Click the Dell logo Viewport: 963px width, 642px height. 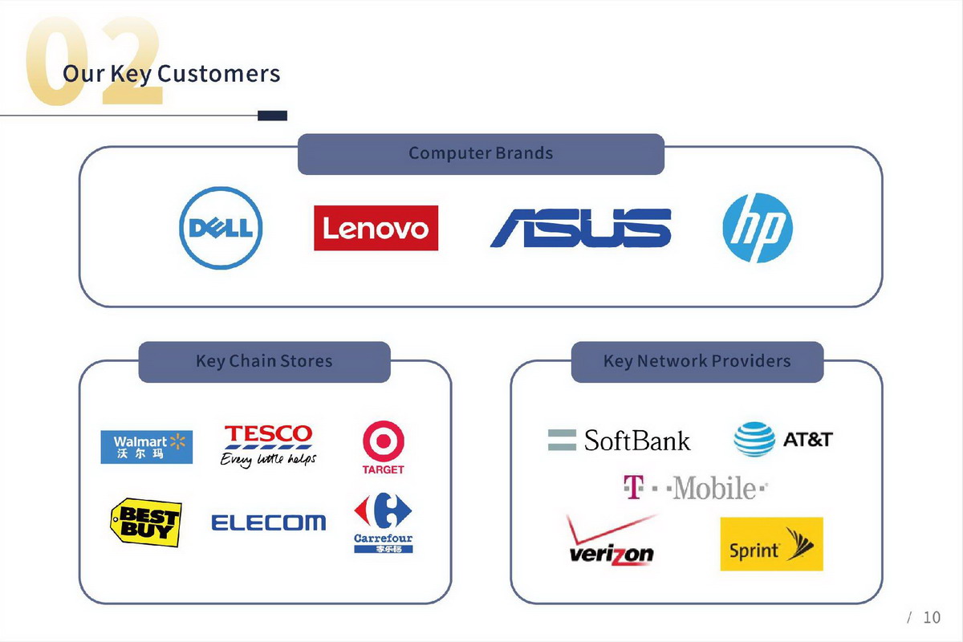pos(221,228)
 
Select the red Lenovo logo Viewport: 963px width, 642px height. pos(376,228)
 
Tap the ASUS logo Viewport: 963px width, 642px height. pos(580,228)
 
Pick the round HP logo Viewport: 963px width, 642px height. pos(758,228)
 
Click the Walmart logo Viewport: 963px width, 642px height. pos(147,447)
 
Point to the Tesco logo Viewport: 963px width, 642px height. pos(268,446)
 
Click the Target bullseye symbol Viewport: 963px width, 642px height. pos(384,441)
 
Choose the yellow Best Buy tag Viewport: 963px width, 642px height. pos(146,522)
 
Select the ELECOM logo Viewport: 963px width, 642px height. pos(269,522)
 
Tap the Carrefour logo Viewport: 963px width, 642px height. pos(383,522)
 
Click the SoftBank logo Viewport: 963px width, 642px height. pos(619,441)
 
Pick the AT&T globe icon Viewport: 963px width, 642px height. pos(754,439)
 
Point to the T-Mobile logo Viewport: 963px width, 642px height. pos(696,488)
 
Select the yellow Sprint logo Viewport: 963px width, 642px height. pos(772,544)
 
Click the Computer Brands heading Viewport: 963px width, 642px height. pos(481,153)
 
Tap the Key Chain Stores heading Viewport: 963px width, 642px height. pos(264,361)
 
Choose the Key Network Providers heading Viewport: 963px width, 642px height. pos(697,361)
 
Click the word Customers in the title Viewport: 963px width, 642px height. pos(219,74)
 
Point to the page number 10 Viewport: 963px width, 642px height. pos(932,617)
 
